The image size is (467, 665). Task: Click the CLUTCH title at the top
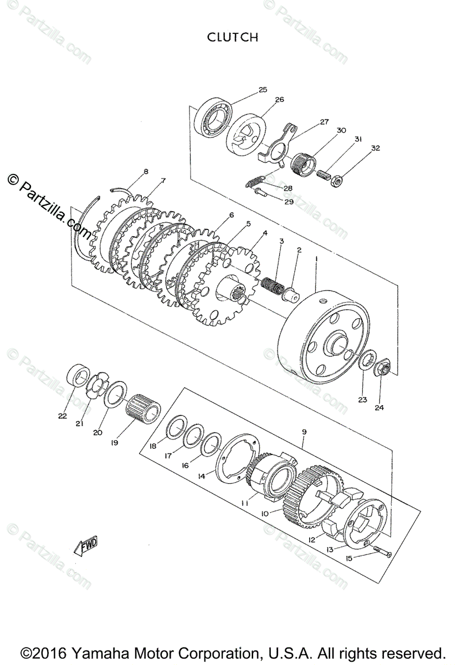233,37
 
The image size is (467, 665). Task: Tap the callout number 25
263,89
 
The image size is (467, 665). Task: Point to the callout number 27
324,121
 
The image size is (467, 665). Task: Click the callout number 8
146,172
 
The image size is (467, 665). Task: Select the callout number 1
316,259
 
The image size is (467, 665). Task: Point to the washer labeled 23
366,362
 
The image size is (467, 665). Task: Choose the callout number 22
62,416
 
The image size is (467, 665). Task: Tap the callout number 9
304,431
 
